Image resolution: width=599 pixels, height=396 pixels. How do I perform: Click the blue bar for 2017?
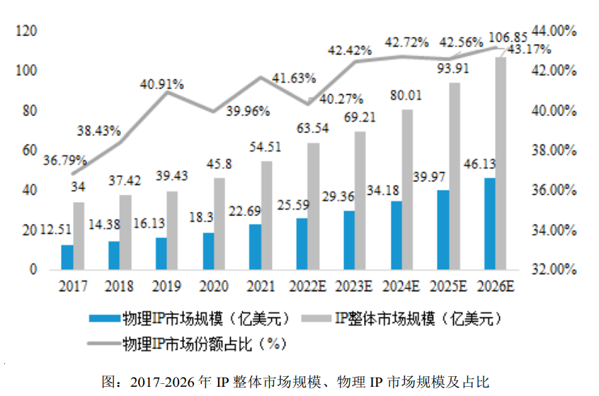pos(67,257)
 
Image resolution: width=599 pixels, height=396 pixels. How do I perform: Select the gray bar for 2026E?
pos(500,164)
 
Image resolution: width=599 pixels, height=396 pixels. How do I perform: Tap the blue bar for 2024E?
pos(396,235)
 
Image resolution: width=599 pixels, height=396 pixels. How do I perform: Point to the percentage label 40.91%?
pos(162,84)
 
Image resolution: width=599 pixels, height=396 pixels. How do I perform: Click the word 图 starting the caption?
pos(109,381)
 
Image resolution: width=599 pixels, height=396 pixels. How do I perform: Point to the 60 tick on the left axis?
pos(33,150)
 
